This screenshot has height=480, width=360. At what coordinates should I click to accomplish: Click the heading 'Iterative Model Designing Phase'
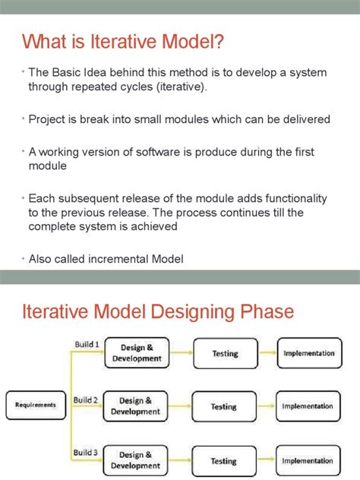[x=157, y=312]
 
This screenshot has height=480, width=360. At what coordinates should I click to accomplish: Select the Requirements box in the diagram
[x=36, y=405]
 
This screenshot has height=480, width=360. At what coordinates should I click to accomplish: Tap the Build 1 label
[x=86, y=344]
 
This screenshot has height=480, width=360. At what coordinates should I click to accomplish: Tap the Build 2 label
[x=86, y=399]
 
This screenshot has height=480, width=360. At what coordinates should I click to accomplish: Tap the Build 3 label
[x=86, y=453]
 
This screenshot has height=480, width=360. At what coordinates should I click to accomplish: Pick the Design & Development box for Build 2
[x=137, y=406]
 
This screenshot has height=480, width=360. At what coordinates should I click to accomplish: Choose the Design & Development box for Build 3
[x=137, y=460]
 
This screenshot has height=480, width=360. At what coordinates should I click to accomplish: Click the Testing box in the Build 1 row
[x=224, y=353]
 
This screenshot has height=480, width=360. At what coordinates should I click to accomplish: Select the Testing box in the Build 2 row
[x=224, y=406]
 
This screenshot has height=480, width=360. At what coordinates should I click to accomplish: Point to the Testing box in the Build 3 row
[x=224, y=460]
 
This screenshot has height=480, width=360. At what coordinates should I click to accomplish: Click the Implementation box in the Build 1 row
[x=308, y=353]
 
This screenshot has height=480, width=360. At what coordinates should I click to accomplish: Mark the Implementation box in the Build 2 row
[x=308, y=406]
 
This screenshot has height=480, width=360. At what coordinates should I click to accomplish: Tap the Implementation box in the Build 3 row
[x=308, y=460]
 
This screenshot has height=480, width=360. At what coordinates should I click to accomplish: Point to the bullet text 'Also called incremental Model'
[x=106, y=259]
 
